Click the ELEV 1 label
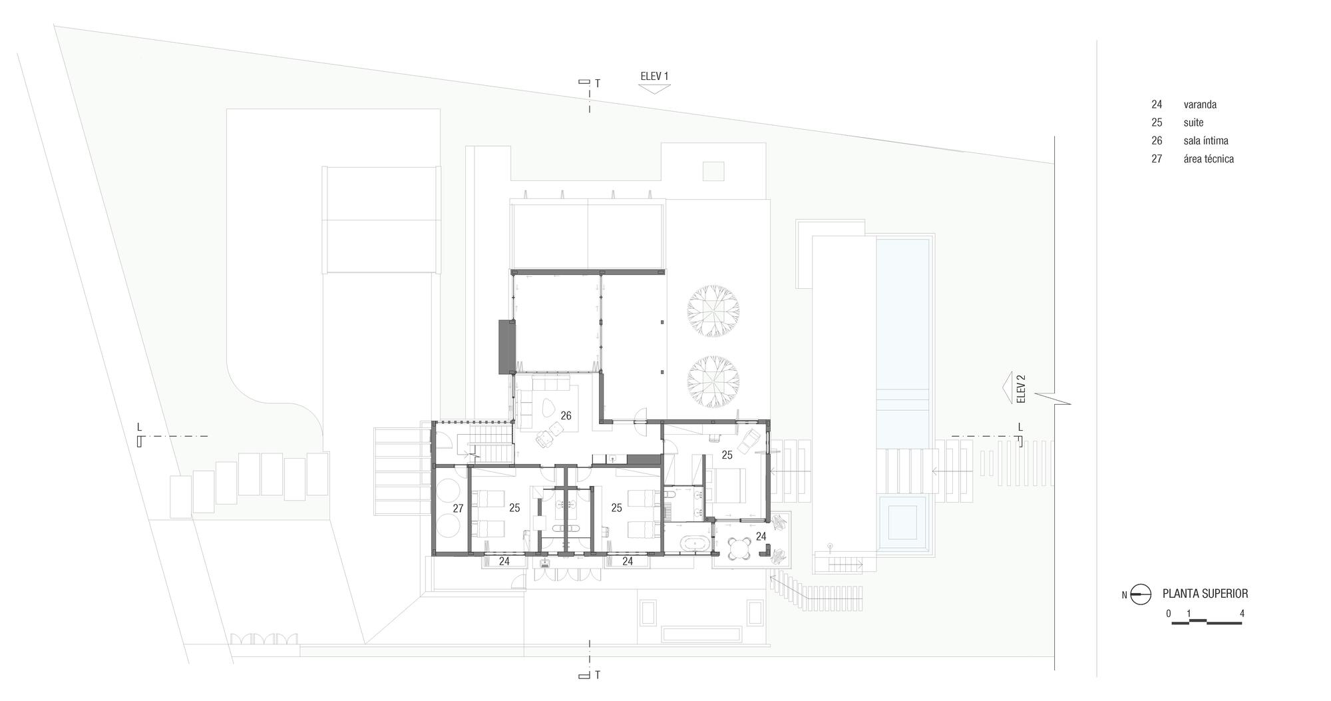click(654, 76)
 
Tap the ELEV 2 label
click(1022, 389)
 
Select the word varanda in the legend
click(1200, 105)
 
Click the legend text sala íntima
click(1205, 140)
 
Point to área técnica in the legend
click(1209, 159)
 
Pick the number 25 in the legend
click(1157, 122)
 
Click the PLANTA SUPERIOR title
click(1205, 594)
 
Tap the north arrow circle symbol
click(1141, 594)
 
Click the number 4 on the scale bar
click(1242, 614)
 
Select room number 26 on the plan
click(566, 415)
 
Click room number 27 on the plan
click(458, 508)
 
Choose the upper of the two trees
click(713, 310)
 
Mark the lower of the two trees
click(713, 382)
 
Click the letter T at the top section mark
click(598, 84)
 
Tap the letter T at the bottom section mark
click(598, 675)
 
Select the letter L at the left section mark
click(139, 427)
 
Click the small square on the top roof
click(713, 171)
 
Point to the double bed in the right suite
click(729, 485)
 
